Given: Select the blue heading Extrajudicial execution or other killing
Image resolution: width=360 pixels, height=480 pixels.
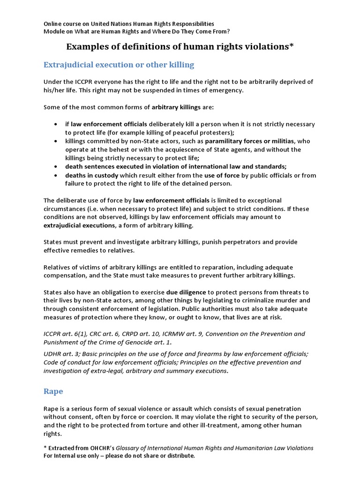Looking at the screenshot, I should [x=119, y=64].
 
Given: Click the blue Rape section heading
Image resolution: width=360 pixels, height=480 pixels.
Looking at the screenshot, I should [x=53, y=390].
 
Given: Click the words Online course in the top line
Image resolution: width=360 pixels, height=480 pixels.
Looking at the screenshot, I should [x=63, y=23].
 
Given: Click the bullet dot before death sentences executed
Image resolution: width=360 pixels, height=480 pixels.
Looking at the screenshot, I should [x=56, y=167].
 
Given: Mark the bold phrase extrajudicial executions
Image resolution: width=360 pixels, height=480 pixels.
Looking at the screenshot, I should [x=79, y=225].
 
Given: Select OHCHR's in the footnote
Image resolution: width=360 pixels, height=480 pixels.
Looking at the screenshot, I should [x=100, y=448].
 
